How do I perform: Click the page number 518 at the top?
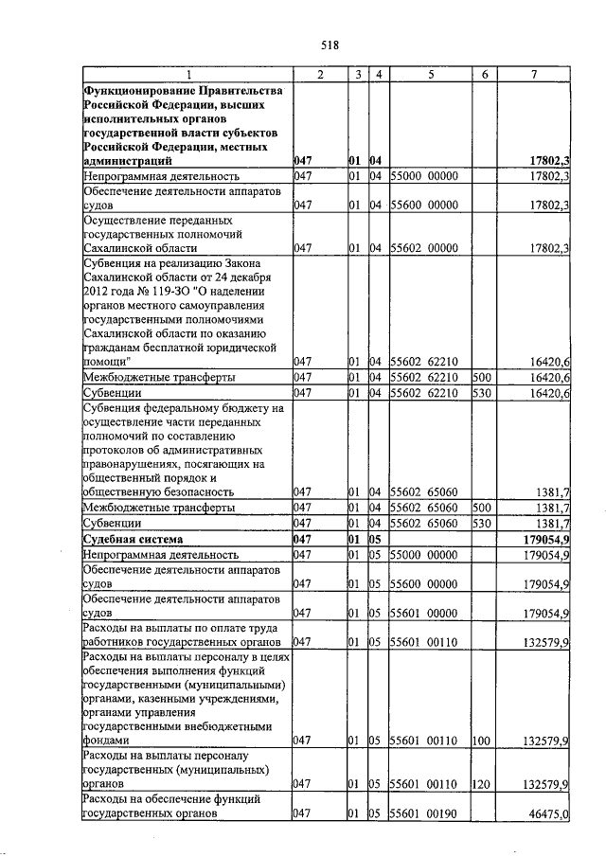330,45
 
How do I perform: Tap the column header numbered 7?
535,74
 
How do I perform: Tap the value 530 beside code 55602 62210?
480,392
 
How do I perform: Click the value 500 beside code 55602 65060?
480,508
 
